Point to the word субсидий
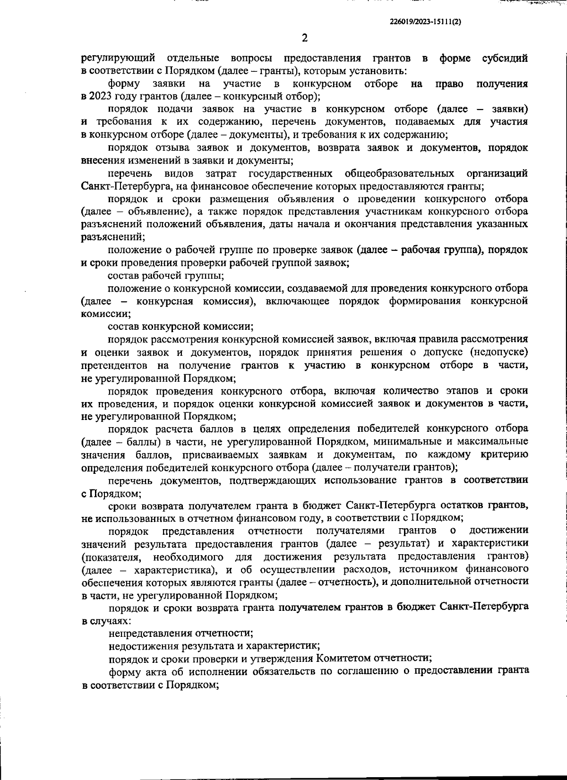505,59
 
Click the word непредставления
148,633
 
